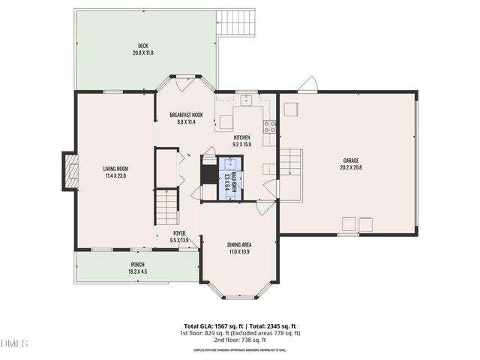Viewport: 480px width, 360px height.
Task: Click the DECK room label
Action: pos(142,45)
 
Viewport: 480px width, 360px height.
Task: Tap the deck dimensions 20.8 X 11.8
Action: pos(142,52)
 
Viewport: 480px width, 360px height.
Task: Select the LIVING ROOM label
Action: pos(115,169)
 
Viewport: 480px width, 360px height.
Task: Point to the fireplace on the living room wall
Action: pos(70,169)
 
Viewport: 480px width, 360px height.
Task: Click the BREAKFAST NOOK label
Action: pos(186,115)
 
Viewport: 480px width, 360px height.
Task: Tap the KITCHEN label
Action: pos(241,137)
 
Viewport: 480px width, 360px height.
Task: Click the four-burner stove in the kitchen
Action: pos(269,127)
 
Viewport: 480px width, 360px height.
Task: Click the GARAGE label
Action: pos(351,160)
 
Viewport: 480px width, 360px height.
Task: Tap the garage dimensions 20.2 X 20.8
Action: pos(351,168)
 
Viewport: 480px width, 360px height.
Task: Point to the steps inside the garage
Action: pos(291,163)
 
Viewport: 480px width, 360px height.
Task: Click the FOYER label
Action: pos(179,233)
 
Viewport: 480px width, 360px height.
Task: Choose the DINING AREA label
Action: pos(239,244)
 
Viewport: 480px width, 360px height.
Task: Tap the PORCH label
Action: pos(137,264)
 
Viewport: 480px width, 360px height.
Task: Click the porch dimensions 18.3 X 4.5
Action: pos(137,271)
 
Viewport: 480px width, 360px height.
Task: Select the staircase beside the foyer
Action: pos(167,206)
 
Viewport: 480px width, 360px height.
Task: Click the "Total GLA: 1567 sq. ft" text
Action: pos(208,327)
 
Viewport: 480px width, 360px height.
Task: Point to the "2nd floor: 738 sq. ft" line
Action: pos(239,340)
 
